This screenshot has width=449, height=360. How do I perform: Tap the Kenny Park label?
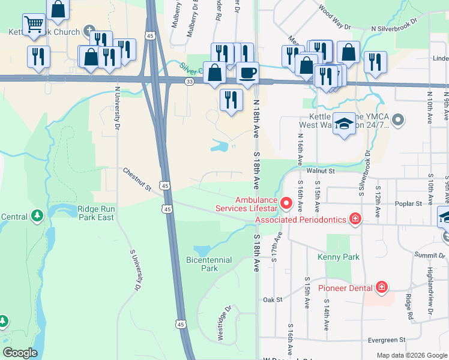[339, 257]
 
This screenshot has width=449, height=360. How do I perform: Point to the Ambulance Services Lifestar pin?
[286, 204]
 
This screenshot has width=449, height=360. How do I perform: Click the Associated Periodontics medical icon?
[355, 220]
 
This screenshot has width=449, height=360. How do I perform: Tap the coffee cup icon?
[247, 73]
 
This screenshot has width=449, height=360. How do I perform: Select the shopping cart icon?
[34, 25]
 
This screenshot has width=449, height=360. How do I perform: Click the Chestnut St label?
[137, 181]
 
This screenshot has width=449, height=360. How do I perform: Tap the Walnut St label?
[319, 171]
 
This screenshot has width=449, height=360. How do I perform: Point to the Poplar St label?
[409, 203]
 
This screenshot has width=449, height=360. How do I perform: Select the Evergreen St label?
[387, 340]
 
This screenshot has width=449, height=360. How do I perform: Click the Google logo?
[20, 352]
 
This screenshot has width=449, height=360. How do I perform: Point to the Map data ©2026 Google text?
[411, 355]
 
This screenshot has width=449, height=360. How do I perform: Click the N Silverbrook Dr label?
[402, 28]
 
